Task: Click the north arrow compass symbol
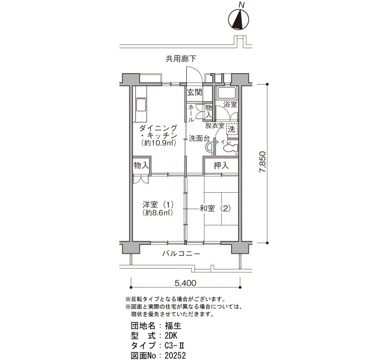pos(238,20)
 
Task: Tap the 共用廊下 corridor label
pos(181,59)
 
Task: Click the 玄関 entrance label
pos(194,92)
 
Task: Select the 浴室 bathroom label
pos(231,104)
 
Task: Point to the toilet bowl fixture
pos(231,148)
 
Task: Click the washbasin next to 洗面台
pos(210,147)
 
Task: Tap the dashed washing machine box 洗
pos(232,129)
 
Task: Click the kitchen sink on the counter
pos(141,105)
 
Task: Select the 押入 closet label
pos(221,166)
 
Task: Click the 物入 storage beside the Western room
pos(141,166)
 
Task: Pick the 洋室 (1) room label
pos(158,205)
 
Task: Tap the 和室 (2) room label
pos(215,208)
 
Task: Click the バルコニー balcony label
pos(181,254)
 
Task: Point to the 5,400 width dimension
pos(185,283)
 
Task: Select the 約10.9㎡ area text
pos(159,143)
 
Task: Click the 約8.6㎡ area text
pos(157,213)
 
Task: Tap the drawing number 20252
pos(175,356)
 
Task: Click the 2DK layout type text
pos(171,336)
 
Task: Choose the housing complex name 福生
pos(173,326)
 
